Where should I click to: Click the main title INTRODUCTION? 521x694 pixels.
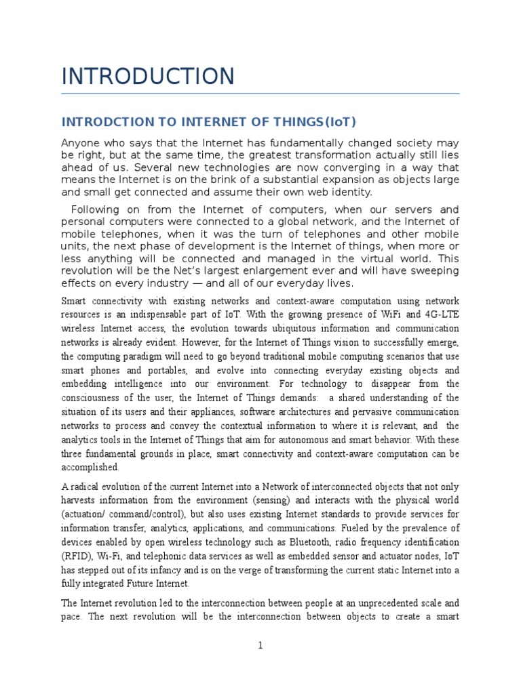coord(148,76)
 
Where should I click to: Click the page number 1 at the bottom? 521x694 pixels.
coord(260,646)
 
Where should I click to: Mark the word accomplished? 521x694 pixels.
coord(90,468)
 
